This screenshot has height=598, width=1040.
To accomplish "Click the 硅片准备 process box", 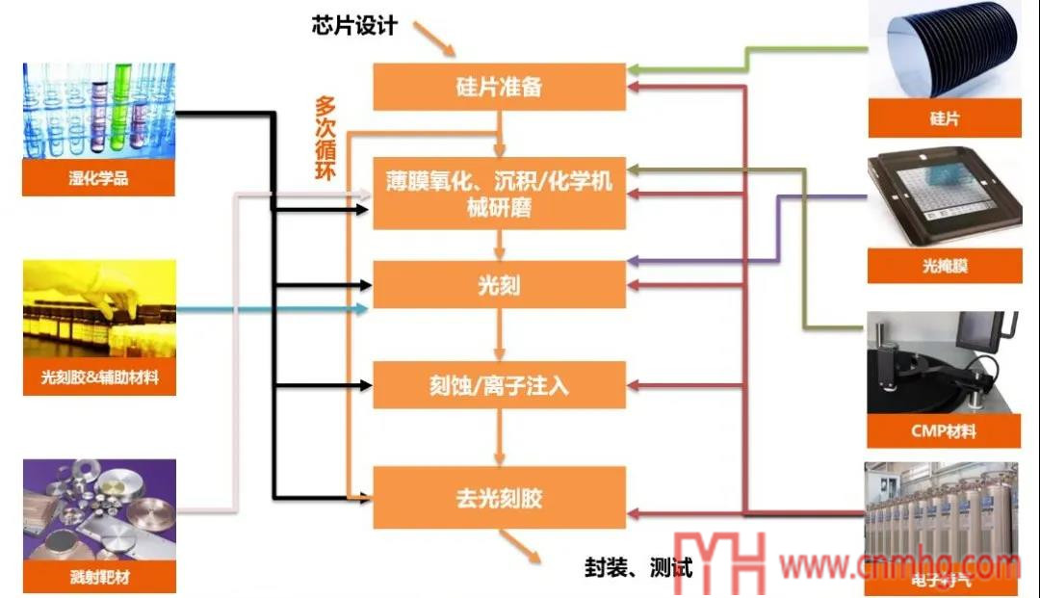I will point(499,87).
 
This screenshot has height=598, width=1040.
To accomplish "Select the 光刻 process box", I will point(499,285).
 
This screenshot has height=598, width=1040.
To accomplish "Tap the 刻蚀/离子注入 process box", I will point(499,385).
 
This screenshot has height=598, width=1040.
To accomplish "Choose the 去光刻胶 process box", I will point(499,497).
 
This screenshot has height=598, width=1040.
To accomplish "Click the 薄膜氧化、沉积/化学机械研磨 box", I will point(499,193).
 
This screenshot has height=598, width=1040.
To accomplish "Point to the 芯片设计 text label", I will point(353,26).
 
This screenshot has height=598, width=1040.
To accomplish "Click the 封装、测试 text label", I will point(637,566).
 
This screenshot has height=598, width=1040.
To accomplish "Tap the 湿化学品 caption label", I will point(98,178).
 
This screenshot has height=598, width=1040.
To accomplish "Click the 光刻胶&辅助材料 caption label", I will point(98,378).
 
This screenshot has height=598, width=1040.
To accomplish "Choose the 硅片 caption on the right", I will point(944,119).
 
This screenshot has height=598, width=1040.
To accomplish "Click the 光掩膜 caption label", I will point(944,265).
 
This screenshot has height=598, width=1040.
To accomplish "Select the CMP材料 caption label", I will point(944,430).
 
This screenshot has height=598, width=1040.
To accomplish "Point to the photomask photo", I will point(944,197).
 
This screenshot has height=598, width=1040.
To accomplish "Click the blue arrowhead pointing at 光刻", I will point(363,309).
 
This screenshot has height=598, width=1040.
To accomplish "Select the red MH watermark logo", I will point(717,562).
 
